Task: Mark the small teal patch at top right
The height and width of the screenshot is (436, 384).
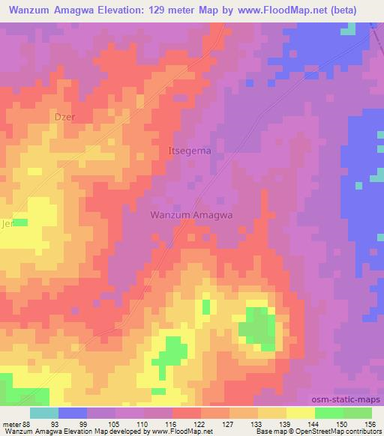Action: coord(349,29)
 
